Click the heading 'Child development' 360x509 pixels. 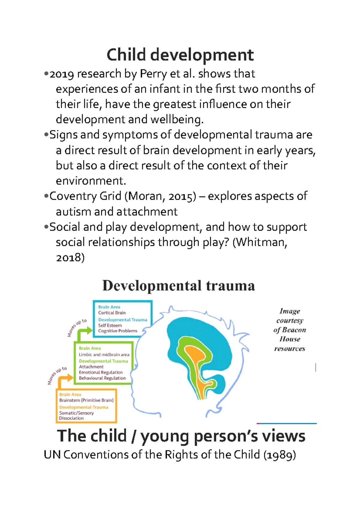(180, 55)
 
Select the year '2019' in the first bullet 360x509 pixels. (61, 74)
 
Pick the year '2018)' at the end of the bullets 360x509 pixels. (70, 257)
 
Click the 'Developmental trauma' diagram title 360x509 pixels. (178, 286)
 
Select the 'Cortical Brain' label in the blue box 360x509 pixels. (112, 313)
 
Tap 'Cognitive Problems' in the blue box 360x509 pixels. (118, 331)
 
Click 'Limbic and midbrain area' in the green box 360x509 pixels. (104, 355)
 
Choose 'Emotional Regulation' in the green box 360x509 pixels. (101, 372)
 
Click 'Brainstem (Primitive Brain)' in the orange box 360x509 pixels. (86, 400)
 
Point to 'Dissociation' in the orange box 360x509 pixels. (71, 418)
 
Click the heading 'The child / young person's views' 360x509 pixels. (181, 436)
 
